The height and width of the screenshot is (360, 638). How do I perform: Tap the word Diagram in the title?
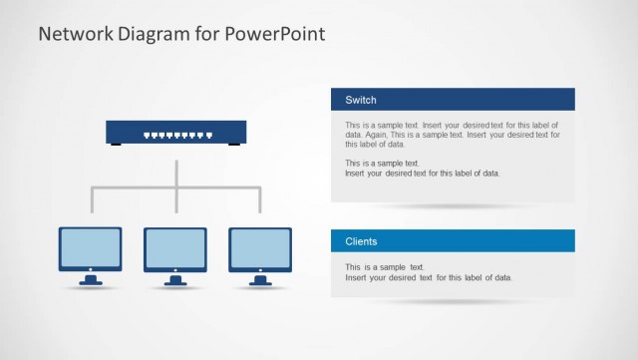coord(157,34)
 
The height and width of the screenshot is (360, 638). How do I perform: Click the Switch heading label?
coord(360,100)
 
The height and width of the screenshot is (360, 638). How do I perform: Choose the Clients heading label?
coord(361,241)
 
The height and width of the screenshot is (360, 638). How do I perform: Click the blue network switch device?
coord(175,132)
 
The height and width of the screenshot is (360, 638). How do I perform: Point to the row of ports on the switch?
coord(175,134)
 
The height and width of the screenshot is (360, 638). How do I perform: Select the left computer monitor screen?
coord(91,246)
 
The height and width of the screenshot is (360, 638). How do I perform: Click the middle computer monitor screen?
coord(175,246)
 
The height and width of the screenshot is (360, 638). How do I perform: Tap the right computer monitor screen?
coord(260,246)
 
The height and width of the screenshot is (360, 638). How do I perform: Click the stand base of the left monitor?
coord(91,280)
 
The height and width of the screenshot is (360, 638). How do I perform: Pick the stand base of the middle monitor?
coord(175,280)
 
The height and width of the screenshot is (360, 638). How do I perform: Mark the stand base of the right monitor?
coord(260,280)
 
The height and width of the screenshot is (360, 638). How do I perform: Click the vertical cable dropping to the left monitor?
coord(92,199)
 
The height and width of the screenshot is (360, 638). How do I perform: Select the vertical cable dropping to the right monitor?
coord(260,199)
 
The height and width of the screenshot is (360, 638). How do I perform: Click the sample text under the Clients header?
coord(429,272)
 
